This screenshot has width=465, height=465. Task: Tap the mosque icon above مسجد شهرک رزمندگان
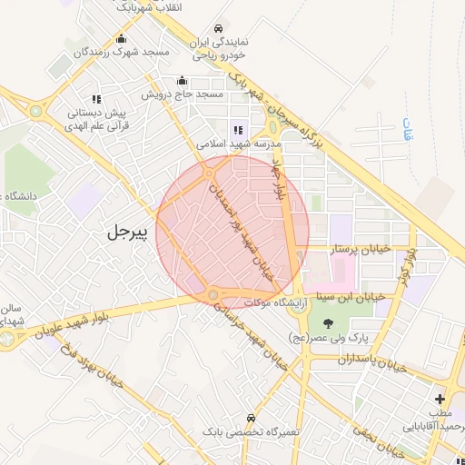tap(121, 38)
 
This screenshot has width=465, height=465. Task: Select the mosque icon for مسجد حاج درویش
tap(182, 80)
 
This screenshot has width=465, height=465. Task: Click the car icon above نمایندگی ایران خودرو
tap(217, 29)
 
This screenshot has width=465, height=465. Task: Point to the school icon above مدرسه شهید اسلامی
tap(239, 130)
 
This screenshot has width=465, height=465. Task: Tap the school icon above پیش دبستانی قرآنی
tap(95, 99)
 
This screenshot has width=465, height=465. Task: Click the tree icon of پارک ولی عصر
tap(326, 322)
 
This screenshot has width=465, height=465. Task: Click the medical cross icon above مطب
tap(440, 399)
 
